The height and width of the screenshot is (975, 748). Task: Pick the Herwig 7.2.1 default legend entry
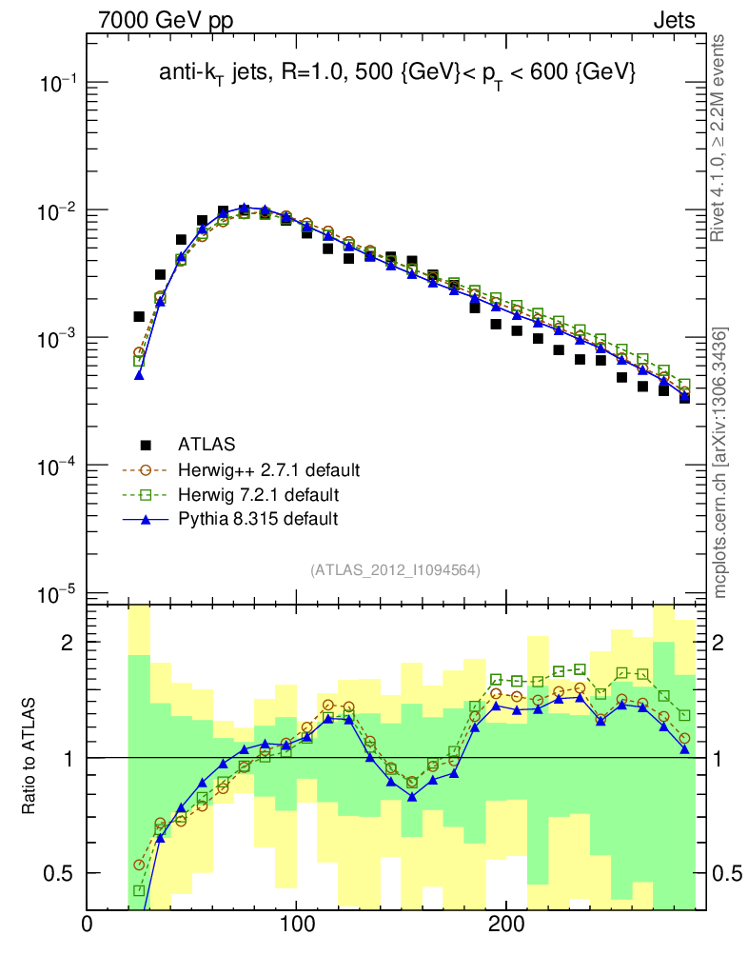coord(258,494)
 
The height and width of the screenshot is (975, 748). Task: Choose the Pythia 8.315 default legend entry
coord(258,519)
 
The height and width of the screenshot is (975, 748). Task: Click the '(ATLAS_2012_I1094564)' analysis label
coord(394,570)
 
